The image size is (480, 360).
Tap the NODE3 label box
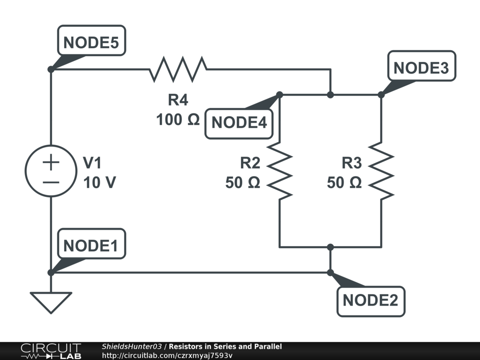[421, 67]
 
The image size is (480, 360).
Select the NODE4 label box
[239, 123]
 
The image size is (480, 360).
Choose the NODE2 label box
[370, 300]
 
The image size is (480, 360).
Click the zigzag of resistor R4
[178, 69]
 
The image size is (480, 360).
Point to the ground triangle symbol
[51, 301]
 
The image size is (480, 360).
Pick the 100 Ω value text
[178, 120]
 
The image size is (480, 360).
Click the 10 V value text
[99, 183]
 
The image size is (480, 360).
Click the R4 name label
[178, 100]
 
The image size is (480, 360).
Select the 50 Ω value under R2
[242, 183]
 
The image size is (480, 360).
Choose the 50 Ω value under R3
[344, 183]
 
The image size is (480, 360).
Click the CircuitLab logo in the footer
[51, 351]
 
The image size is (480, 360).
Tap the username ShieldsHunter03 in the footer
[132, 346]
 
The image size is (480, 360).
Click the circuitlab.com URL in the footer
[167, 355]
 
